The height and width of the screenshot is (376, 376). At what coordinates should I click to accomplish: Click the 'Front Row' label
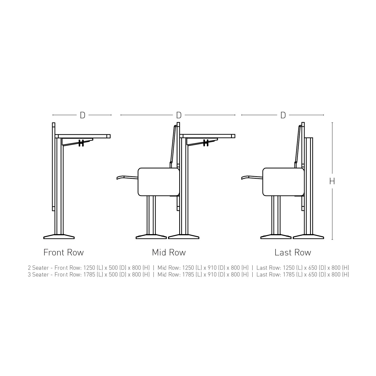(x=64, y=252)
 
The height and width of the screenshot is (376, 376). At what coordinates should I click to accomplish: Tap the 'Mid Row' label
(x=169, y=252)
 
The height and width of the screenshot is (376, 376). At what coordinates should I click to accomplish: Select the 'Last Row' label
(x=293, y=252)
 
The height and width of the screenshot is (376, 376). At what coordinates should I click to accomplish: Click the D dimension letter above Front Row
(x=82, y=115)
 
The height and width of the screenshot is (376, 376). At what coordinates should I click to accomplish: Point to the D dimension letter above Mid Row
(x=179, y=115)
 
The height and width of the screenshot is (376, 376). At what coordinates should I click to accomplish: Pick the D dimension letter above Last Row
(x=283, y=115)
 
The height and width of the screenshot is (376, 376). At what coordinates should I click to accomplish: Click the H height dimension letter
(x=332, y=181)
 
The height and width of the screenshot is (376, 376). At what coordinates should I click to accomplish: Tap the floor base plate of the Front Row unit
(x=59, y=237)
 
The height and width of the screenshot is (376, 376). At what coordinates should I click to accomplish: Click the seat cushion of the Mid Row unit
(x=159, y=182)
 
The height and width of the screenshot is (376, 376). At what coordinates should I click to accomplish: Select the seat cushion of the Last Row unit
(x=283, y=182)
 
